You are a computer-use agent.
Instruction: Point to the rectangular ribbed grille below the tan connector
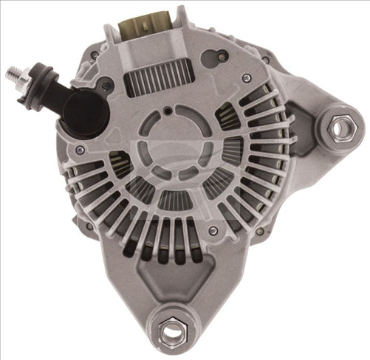tap(158, 77)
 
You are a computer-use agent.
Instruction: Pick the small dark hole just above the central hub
tap(169, 111)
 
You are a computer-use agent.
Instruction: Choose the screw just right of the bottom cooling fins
tap(213, 230)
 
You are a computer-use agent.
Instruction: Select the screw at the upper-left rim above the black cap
tap(95, 55)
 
